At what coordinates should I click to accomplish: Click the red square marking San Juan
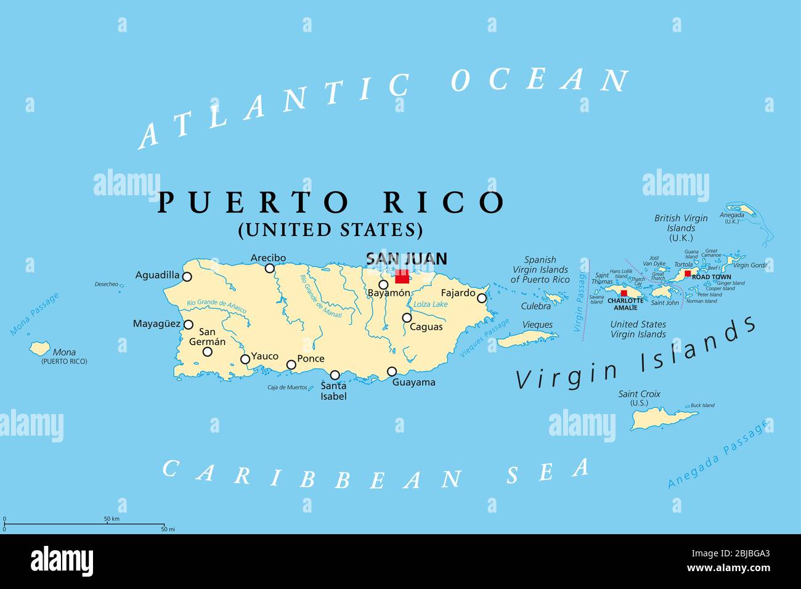point(402,276)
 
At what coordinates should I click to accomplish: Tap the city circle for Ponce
point(291,365)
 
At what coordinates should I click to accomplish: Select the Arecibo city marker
point(269,268)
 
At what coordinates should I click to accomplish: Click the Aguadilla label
point(157,275)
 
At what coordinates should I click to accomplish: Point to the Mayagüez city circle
point(189,325)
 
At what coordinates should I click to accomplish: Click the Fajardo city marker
point(482,298)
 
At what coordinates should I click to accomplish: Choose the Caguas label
point(426,327)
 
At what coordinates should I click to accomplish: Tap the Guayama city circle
point(392,372)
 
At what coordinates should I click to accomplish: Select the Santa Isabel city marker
point(335,375)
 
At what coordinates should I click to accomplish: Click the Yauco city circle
point(245,359)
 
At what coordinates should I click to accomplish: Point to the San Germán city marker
point(208,352)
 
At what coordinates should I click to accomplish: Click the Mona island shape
point(40,349)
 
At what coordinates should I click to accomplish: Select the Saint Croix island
point(662,418)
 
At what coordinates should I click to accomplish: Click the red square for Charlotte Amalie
point(624,293)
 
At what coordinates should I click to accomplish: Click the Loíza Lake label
point(430,304)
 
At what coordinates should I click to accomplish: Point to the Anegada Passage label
point(718,455)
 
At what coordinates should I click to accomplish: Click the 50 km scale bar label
point(112,519)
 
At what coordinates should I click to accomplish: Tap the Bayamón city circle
point(383,285)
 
